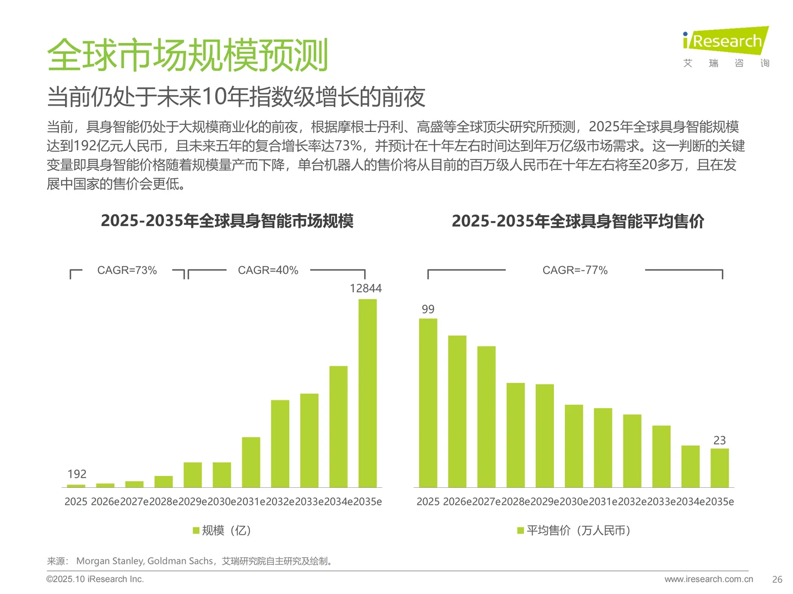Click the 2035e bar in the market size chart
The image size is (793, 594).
pyautogui.click(x=367, y=393)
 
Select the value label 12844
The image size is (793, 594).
pyautogui.click(x=366, y=288)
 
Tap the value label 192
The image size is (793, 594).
pyautogui.click(x=77, y=474)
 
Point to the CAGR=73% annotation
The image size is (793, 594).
pyautogui.click(x=127, y=271)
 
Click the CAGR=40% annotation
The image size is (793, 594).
pyautogui.click(x=268, y=271)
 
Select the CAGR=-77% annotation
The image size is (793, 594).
pyautogui.click(x=575, y=271)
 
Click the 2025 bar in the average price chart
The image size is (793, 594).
pyautogui.click(x=428, y=403)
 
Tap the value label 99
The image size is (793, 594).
pyautogui.click(x=428, y=309)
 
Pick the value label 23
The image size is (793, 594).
pyautogui.click(x=719, y=441)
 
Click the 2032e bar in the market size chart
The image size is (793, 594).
pyautogui.click(x=280, y=443)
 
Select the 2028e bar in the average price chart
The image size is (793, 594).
pyautogui.click(x=515, y=435)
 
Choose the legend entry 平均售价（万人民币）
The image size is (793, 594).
pyautogui.click(x=574, y=530)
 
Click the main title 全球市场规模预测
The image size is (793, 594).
pyautogui.click(x=187, y=55)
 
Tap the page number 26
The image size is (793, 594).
pyautogui.click(x=777, y=579)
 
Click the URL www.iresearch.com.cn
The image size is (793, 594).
pyautogui.click(x=709, y=579)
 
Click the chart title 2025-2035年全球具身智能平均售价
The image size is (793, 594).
pyautogui.click(x=578, y=221)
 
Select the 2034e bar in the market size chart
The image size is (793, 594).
pyautogui.click(x=338, y=426)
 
